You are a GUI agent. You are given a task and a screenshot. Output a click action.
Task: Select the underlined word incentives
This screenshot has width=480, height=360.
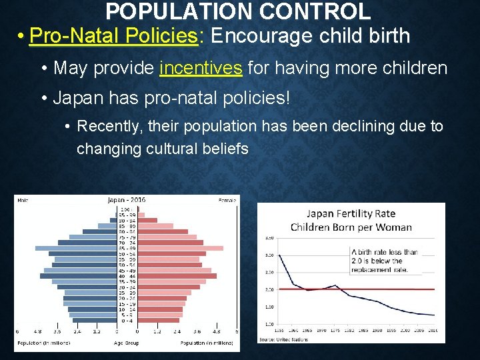click(x=201, y=67)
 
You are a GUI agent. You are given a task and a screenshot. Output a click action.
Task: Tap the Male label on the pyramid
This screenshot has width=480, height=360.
click(x=23, y=199)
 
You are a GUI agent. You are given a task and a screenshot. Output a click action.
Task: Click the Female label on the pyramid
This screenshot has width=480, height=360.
click(x=227, y=199)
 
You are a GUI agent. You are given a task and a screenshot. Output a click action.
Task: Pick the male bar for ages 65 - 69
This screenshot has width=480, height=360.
click(x=75, y=248)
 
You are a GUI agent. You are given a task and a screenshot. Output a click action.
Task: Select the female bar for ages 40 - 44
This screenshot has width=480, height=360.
click(x=177, y=276)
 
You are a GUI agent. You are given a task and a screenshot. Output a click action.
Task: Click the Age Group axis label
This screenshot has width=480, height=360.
click(x=127, y=343)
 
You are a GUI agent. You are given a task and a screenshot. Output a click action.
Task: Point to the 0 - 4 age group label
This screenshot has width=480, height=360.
click(x=127, y=321)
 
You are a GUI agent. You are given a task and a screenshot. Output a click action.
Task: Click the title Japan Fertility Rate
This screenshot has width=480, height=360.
click(x=351, y=214)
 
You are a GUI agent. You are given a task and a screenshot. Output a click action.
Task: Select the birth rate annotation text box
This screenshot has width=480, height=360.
click(x=385, y=261)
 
